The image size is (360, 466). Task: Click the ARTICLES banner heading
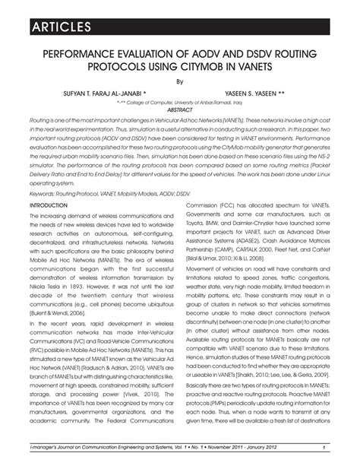[x=51, y=28]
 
